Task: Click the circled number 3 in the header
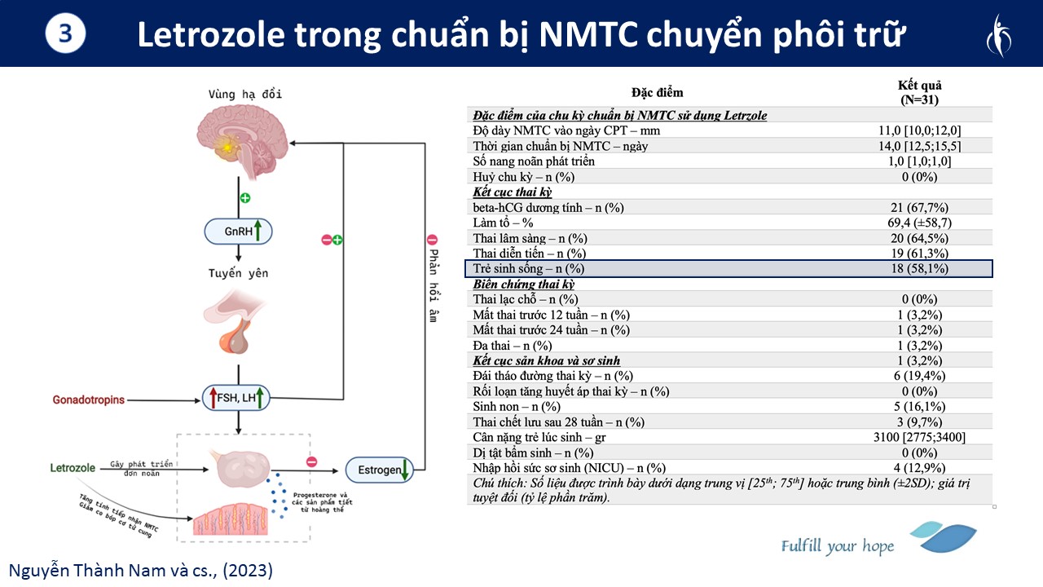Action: pos(66,33)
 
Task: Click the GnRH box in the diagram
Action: pos(238,232)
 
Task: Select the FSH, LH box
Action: pos(235,399)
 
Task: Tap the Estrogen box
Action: pos(379,470)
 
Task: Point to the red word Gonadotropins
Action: pos(90,400)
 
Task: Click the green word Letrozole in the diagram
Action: pos(73,468)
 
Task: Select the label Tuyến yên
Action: pos(237,274)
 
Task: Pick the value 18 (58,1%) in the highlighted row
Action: pos(919,269)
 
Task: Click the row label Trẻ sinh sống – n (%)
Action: pos(529,269)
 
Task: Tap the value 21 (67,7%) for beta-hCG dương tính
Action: pos(919,207)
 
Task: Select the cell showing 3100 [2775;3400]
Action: pos(919,437)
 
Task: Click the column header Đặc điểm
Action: pos(657,92)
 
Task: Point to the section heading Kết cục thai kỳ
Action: pos(513,192)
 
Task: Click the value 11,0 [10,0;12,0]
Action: pos(919,130)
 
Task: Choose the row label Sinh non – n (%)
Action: pos(517,406)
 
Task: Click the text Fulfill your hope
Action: pos(837,545)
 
